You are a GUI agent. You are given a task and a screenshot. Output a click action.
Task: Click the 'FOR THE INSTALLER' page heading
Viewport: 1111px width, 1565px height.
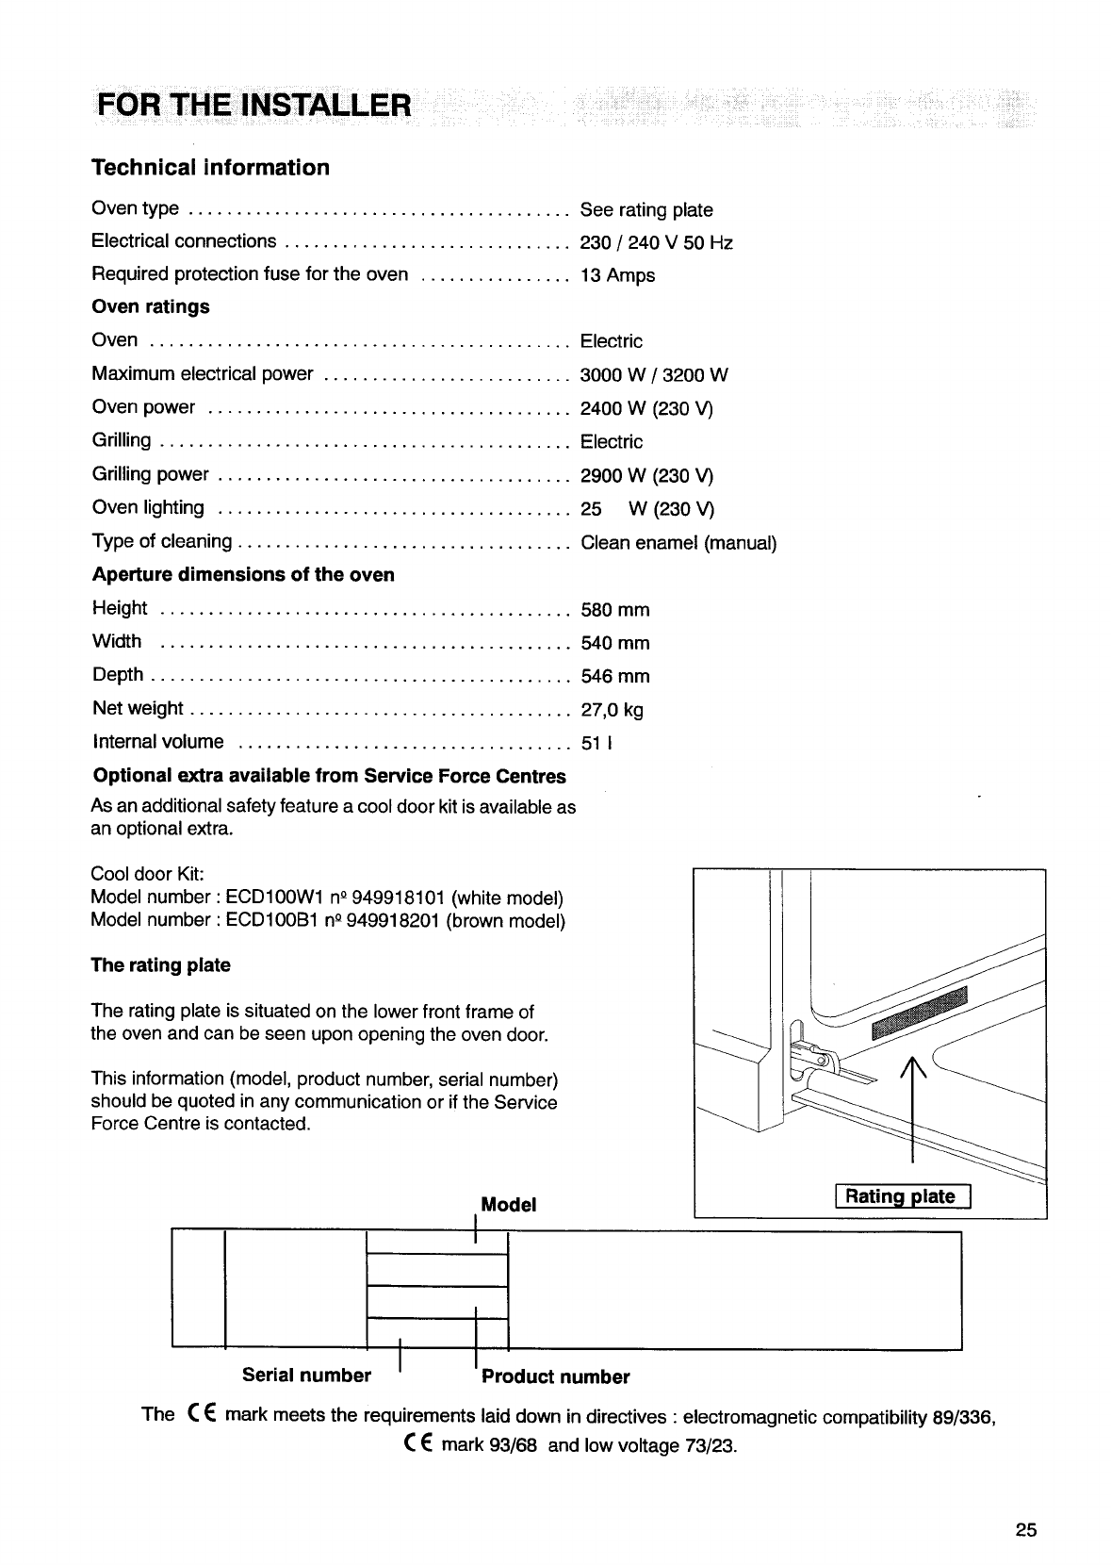tap(252, 104)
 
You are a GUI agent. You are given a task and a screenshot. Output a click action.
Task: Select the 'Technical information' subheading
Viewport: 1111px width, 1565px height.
tap(210, 168)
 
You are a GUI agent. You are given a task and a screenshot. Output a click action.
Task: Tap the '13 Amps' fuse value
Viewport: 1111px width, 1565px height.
tap(617, 275)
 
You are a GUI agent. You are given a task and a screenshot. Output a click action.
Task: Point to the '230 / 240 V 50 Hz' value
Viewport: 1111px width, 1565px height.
tap(656, 242)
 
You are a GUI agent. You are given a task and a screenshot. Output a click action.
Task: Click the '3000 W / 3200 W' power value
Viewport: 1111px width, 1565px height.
tap(654, 375)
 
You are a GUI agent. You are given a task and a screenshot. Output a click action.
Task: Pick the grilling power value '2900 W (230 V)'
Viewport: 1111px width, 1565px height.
tap(646, 475)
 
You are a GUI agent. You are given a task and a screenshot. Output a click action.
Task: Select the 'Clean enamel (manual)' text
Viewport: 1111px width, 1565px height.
tap(678, 543)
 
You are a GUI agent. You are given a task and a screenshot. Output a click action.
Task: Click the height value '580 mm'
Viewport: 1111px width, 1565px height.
tap(615, 610)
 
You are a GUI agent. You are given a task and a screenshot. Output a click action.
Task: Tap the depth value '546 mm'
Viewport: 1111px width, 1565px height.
tap(615, 676)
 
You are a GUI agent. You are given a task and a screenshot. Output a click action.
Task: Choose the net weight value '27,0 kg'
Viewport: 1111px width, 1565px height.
tap(613, 710)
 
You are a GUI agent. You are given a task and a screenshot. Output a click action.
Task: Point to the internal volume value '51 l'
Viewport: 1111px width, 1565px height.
tap(597, 743)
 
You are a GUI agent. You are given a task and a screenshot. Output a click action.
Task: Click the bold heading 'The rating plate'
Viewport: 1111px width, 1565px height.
tap(160, 965)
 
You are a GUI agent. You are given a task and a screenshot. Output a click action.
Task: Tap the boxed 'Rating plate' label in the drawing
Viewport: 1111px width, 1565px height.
tap(900, 1196)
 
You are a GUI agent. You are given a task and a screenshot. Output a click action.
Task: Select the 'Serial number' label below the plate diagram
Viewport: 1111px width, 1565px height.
tap(306, 1375)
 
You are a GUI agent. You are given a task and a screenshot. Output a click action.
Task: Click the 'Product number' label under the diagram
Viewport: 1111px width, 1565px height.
tap(555, 1376)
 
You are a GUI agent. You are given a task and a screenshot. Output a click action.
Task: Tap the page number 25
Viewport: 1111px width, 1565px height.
tap(1026, 1530)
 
